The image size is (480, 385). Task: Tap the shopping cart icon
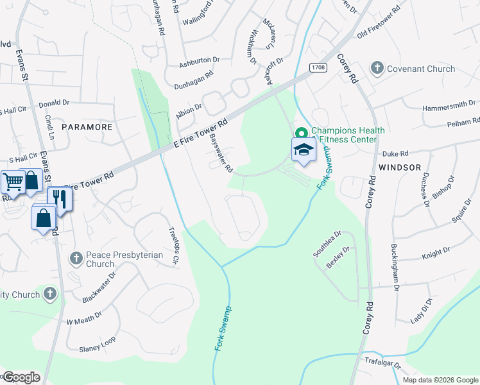(13, 182)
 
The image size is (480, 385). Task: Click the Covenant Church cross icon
(377, 69)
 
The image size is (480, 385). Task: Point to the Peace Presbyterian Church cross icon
(76, 258)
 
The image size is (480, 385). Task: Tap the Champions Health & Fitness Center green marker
(300, 133)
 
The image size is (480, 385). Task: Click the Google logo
(21, 377)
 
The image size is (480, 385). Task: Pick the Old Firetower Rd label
(379, 23)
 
